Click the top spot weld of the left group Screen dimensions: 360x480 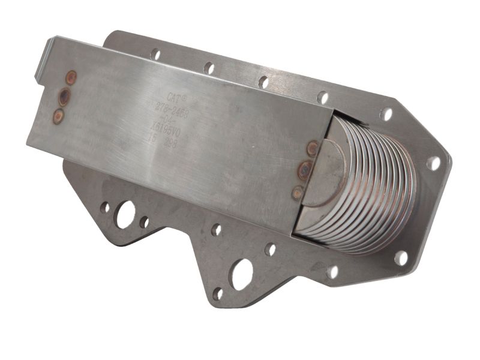click(71, 77)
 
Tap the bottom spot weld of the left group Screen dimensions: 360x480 click(58, 116)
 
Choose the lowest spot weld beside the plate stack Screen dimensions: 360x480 click(298, 192)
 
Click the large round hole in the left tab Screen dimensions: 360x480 click(125, 214)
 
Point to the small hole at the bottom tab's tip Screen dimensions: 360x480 click(217, 293)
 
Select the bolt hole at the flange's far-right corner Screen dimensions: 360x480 click(433, 163)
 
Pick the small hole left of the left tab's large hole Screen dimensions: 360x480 click(105, 208)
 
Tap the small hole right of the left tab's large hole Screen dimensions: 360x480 click(144, 222)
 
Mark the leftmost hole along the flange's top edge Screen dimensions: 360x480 click(155, 54)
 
